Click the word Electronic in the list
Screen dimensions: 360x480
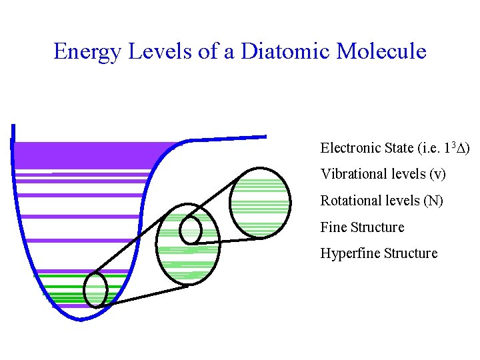click(x=350, y=147)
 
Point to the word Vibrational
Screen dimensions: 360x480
click(x=352, y=174)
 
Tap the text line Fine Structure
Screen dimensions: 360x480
click(x=362, y=227)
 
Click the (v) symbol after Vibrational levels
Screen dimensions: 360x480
click(x=438, y=174)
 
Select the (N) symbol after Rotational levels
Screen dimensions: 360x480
click(x=434, y=201)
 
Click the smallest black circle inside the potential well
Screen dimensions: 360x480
click(x=96, y=289)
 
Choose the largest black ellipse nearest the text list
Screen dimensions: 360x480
click(x=260, y=202)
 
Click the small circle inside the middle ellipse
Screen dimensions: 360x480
click(x=191, y=229)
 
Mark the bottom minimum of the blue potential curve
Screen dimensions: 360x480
click(x=80, y=319)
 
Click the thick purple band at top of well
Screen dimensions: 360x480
click(x=87, y=155)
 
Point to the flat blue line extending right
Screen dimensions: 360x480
click(x=227, y=138)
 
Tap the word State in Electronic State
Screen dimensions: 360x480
click(x=397, y=147)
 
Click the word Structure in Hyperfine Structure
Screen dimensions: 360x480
click(x=412, y=253)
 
